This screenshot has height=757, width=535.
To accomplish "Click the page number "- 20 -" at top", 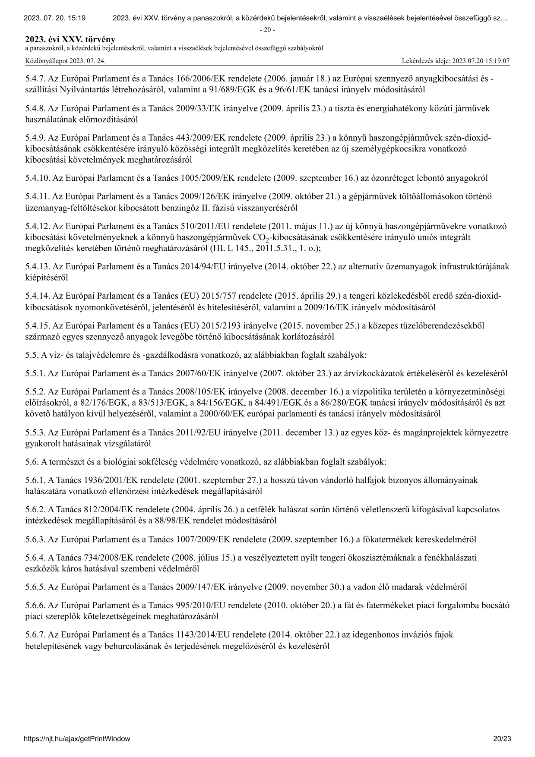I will (x=267, y=30).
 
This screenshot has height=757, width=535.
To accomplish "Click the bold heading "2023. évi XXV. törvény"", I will (x=70, y=40).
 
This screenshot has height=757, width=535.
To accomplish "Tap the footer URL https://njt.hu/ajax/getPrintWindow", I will (x=77, y=738).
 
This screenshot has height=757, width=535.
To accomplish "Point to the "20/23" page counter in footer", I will (x=502, y=738).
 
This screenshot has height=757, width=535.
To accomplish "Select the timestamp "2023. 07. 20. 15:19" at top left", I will (x=54, y=18).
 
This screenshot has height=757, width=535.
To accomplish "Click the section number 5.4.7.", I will (x=35, y=79).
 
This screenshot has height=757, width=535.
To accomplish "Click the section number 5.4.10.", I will (x=37, y=178).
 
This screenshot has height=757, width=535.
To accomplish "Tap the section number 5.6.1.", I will (x=35, y=480).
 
